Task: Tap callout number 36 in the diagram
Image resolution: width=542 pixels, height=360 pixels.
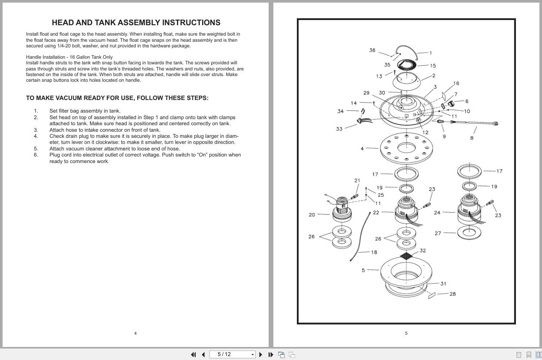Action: pyautogui.click(x=372, y=50)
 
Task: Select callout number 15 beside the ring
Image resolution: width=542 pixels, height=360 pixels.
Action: pyautogui.click(x=433, y=66)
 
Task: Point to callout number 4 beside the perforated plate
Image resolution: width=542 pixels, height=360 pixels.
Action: pyautogui.click(x=362, y=149)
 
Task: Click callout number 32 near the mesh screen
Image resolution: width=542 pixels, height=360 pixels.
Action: pyautogui.click(x=423, y=250)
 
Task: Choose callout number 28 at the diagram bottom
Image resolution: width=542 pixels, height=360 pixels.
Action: pyautogui.click(x=453, y=294)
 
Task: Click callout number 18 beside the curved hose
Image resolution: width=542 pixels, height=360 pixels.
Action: pyautogui.click(x=374, y=252)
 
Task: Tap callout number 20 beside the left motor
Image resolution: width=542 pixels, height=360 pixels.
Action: pyautogui.click(x=312, y=215)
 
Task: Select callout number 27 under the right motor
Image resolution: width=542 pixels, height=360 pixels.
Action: pyautogui.click(x=438, y=233)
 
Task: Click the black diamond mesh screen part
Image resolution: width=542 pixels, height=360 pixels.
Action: pyautogui.click(x=406, y=256)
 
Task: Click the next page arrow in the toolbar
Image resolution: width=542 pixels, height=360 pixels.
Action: pyautogui.click(x=261, y=355)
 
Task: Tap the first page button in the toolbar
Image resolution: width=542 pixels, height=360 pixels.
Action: pyautogui.click(x=193, y=355)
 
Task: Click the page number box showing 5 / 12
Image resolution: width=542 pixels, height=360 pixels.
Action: pyautogui.click(x=232, y=354)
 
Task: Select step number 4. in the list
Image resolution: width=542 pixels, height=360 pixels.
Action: pyautogui.click(x=36, y=136)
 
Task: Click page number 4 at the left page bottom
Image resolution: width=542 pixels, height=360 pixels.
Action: pyautogui.click(x=135, y=333)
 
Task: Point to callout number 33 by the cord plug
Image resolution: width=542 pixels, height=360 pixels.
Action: pyautogui.click(x=339, y=129)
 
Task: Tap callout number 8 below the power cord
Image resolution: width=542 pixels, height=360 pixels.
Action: pyautogui.click(x=472, y=138)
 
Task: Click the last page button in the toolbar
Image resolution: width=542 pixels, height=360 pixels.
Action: pyautogui.click(x=271, y=355)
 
